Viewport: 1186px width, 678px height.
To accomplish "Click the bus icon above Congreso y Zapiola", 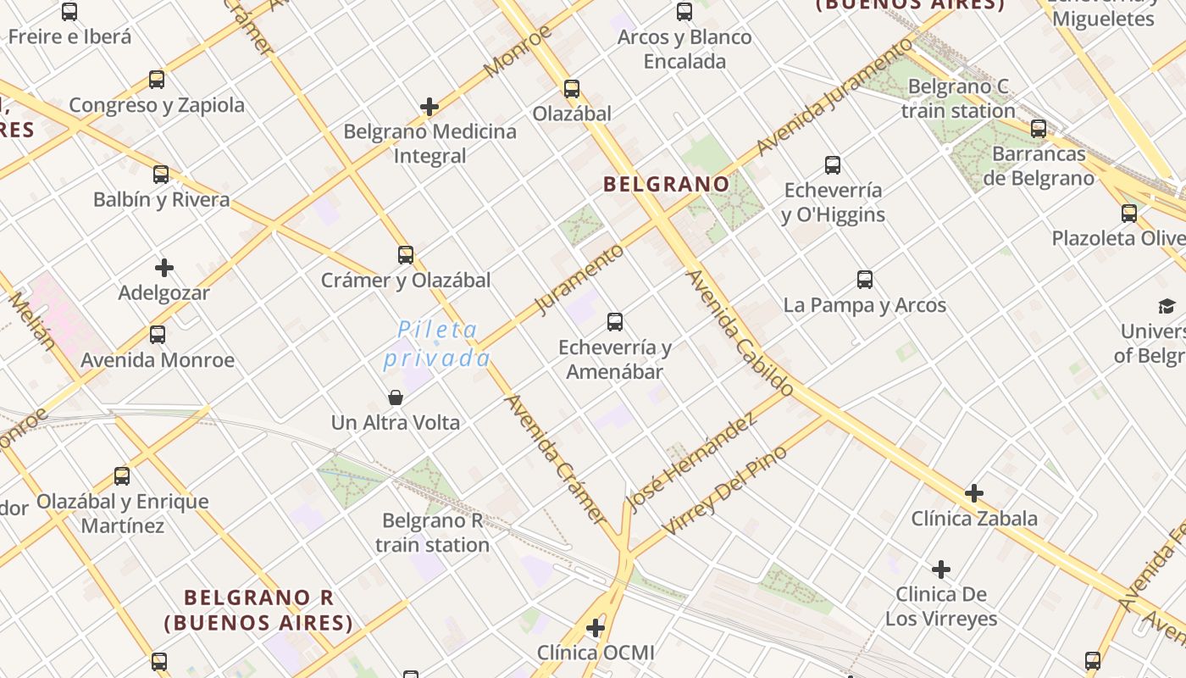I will (x=157, y=80).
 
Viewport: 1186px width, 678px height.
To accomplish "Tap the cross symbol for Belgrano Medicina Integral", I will (x=430, y=107).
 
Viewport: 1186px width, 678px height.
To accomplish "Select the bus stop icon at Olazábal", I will (x=572, y=89).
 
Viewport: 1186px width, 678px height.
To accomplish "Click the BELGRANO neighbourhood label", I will (x=666, y=184).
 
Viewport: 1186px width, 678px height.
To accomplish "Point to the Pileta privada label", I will (x=437, y=344).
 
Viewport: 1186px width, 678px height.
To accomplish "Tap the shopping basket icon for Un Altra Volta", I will (x=395, y=397).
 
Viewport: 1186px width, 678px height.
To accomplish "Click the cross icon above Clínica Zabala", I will (x=974, y=493).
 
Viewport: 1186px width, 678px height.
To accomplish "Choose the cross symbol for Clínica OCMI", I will (x=596, y=628).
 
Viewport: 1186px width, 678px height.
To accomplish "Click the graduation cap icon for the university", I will (x=1167, y=306).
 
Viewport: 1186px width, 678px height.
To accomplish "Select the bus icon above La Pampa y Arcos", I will (x=865, y=280).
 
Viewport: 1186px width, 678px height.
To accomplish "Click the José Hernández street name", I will (x=691, y=462).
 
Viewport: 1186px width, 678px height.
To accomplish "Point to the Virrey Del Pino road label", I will (x=724, y=491).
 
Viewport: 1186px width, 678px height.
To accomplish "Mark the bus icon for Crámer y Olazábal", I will (x=406, y=255).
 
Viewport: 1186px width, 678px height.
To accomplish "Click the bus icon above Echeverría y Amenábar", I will (x=615, y=322).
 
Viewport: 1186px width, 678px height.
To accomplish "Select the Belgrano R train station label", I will (x=432, y=532).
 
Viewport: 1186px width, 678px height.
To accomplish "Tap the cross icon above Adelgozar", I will (x=164, y=269).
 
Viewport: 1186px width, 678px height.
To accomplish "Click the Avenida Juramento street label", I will (x=834, y=97).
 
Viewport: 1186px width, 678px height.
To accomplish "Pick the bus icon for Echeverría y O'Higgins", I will (x=833, y=165).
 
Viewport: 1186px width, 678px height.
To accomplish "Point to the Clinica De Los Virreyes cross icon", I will (x=941, y=570).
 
